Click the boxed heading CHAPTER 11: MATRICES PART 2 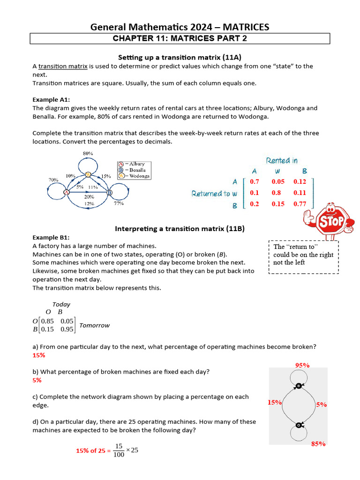coord(180,38)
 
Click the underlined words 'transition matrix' coord(63,66)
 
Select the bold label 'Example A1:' coord(51,99)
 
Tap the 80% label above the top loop coord(88,153)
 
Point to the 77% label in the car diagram coord(118,204)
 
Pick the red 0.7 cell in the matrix coord(255,181)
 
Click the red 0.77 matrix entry coord(300,204)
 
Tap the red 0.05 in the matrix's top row coord(278,181)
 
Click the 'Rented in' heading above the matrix coord(282,161)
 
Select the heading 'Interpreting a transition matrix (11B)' coord(180,229)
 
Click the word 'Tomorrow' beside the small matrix coord(94,325)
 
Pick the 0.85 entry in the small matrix coord(47,321)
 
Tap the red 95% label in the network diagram coord(302,365)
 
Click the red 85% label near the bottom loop coord(318,443)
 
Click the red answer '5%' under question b coord(37,380)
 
